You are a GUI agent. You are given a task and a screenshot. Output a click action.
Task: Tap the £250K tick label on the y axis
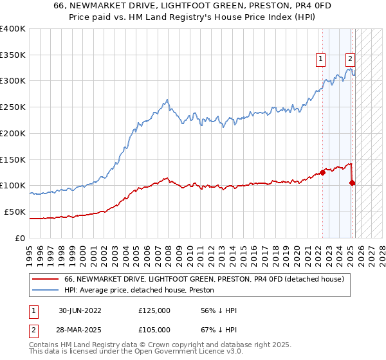pos(13,107)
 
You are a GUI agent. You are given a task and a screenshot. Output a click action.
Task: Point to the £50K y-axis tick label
pos(15,212)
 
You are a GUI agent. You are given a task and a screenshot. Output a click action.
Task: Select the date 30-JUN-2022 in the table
pos(80,310)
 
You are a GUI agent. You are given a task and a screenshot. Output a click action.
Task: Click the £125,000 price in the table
pos(154,310)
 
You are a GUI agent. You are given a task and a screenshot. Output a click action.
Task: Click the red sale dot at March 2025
pos(353,183)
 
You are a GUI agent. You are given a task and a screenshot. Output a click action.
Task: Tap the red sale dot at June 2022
pos(322,172)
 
